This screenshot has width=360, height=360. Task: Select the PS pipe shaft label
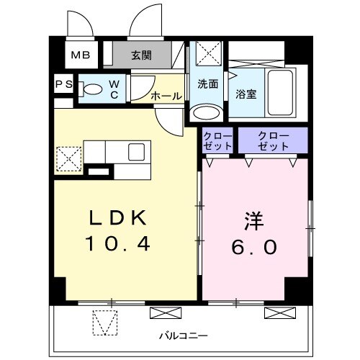click(63, 84)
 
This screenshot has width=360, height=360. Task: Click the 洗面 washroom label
click(208, 84)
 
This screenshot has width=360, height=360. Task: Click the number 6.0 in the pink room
click(253, 246)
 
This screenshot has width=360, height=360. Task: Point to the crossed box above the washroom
click(208, 55)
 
